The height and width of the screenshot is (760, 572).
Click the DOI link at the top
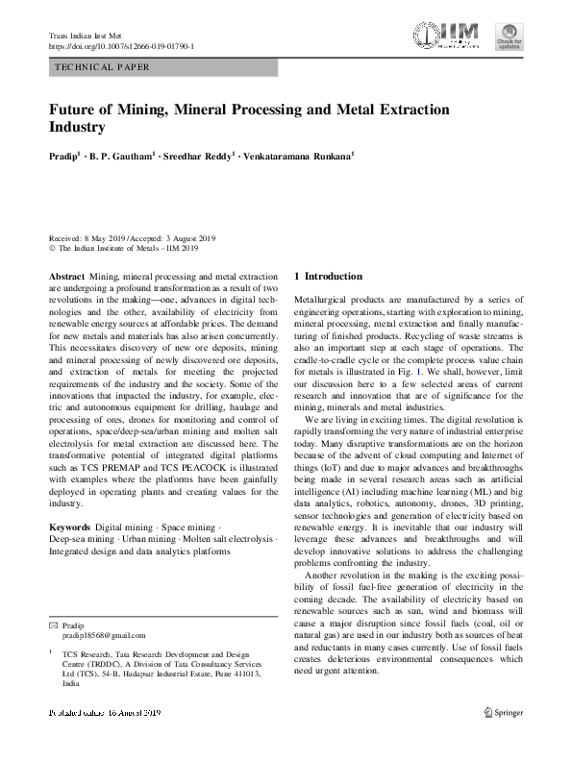tap(121, 46)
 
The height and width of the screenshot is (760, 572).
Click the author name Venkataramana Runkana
tap(299, 155)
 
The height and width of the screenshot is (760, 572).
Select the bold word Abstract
tap(65, 276)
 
